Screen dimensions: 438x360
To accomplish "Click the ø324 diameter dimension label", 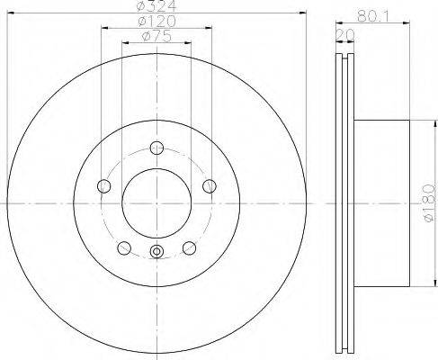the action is [x=156, y=5].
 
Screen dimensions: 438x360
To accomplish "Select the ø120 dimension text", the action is [x=156, y=22].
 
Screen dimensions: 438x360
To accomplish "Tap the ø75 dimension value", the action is [x=156, y=36].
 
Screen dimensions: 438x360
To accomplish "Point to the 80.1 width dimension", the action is [x=372, y=16].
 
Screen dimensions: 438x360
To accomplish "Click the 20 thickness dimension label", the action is [x=345, y=35].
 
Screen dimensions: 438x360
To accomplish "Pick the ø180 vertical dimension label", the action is [x=429, y=203].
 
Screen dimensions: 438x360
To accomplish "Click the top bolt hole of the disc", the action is [x=156, y=148].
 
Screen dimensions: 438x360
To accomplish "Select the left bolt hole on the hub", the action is [x=104, y=186].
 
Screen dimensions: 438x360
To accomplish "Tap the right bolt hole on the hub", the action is [x=210, y=186].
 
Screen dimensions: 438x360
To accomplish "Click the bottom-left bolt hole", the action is [x=124, y=248].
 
